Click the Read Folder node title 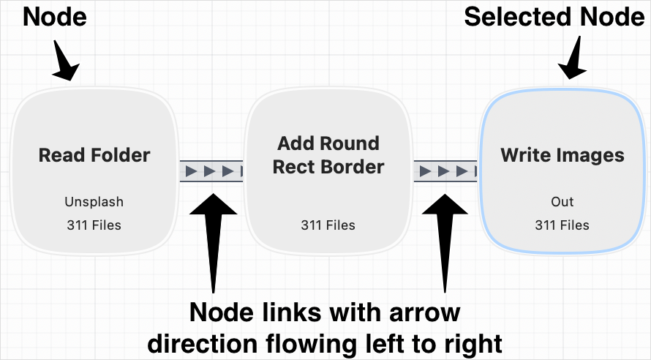[94, 155]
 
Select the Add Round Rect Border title [328, 155]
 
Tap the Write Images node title [562, 155]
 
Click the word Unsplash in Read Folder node [94, 202]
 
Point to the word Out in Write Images [562, 202]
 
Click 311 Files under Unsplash [94, 225]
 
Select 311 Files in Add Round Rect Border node [328, 225]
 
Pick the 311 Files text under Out [562, 225]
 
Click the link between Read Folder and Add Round [211, 172]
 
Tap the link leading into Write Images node [445, 172]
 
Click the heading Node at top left [55, 16]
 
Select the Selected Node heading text [555, 16]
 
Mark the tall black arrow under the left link [213, 234]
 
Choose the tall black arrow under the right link [445, 234]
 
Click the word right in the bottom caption [477, 342]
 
